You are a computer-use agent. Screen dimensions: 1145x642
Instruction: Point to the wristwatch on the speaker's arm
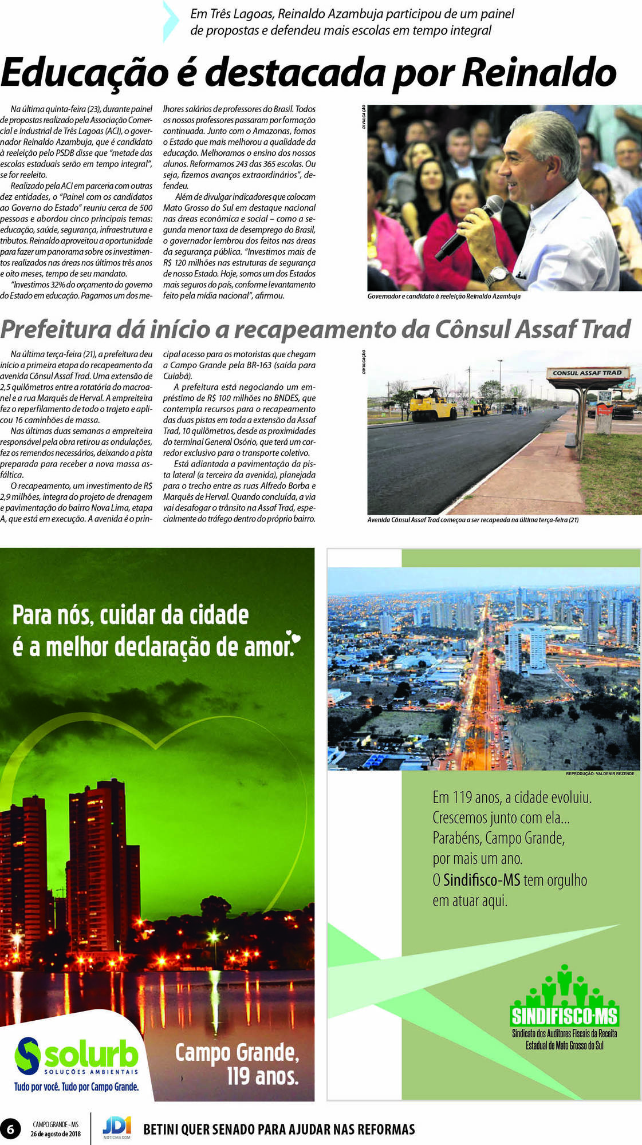(497, 276)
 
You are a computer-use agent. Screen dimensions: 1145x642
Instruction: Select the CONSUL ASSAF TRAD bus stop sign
(587, 373)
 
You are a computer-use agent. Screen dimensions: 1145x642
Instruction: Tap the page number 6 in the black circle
(10, 1129)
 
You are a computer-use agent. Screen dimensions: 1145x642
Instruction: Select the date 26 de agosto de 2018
(56, 1134)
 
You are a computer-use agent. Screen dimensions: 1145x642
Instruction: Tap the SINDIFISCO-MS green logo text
(564, 1016)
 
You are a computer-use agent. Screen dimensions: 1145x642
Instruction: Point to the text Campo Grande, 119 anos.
(237, 1064)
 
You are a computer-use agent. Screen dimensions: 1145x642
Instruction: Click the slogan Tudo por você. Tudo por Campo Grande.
(76, 1087)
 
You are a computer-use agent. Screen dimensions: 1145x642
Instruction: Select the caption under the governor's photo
(444, 297)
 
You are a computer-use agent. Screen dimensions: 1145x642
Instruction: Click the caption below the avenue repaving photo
(472, 520)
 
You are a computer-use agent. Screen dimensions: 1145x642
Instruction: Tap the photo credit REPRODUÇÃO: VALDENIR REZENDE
(600, 773)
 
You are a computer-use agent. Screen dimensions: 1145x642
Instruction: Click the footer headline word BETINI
(162, 1130)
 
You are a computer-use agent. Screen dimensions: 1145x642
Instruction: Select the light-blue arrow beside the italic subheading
(171, 22)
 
